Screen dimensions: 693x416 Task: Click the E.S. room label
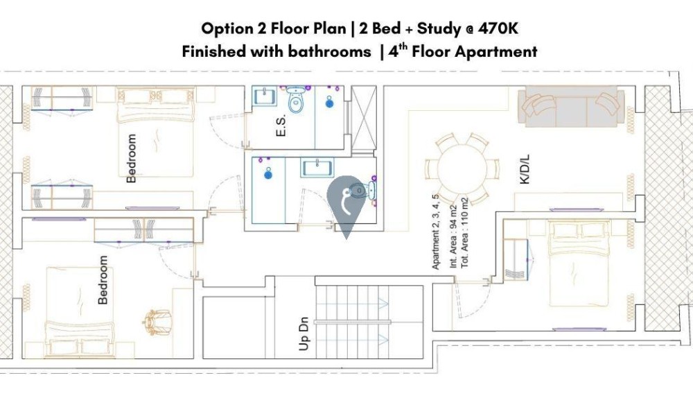click(x=281, y=125)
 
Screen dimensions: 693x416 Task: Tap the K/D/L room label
click(x=525, y=169)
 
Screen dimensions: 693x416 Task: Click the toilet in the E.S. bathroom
click(x=296, y=99)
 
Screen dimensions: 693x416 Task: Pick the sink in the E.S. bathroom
click(x=264, y=96)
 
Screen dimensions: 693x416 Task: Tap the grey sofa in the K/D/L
click(x=571, y=106)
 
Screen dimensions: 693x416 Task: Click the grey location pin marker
click(x=346, y=207)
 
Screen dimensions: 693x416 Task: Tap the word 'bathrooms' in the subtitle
click(x=330, y=52)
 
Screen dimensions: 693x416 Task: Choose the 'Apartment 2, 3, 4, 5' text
click(x=436, y=232)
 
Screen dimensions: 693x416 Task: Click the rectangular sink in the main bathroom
click(x=317, y=168)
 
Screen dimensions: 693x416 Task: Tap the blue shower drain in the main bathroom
click(x=267, y=174)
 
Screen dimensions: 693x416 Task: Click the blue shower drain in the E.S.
click(x=329, y=103)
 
